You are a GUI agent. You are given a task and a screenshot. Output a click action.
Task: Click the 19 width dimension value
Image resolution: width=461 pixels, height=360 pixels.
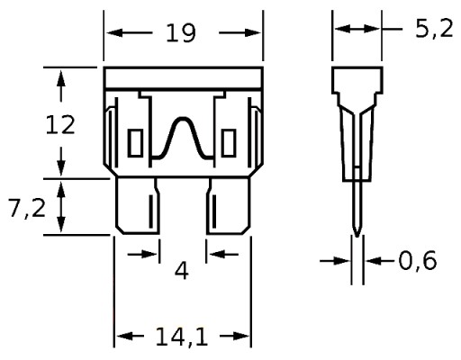(x=181, y=32)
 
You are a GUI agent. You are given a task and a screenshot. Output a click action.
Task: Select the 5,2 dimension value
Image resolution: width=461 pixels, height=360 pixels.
(x=434, y=30)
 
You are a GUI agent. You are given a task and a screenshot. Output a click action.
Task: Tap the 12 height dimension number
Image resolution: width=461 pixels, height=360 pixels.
(x=60, y=125)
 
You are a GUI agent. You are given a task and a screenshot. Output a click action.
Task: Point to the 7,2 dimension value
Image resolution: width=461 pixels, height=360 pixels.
(x=27, y=208)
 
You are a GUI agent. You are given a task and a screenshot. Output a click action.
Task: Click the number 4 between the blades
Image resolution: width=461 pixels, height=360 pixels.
(x=182, y=270)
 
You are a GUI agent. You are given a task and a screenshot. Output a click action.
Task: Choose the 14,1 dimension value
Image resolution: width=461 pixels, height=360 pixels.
(x=182, y=337)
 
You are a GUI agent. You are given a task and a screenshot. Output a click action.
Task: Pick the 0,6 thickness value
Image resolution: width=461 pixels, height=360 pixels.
(x=418, y=261)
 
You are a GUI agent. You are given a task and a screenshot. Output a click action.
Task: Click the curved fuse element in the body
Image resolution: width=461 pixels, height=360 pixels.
(x=183, y=139)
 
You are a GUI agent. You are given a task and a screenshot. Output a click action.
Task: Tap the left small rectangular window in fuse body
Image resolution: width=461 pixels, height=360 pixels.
(x=135, y=143)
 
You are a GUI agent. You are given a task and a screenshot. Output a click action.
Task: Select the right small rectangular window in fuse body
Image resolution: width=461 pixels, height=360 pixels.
(x=229, y=143)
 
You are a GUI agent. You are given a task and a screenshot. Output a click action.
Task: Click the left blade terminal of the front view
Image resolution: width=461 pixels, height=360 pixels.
(x=138, y=206)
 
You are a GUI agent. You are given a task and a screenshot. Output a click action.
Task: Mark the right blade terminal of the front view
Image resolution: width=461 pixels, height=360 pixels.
(x=228, y=206)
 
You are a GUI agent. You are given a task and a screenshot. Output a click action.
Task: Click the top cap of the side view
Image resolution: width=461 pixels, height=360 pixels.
(x=357, y=80)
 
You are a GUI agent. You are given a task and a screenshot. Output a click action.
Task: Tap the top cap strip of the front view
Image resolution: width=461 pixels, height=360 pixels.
(x=183, y=78)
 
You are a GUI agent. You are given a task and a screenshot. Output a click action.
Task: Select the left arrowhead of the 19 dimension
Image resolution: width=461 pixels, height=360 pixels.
(x=114, y=32)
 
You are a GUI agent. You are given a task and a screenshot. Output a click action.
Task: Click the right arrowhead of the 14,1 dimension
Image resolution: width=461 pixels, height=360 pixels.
(x=241, y=336)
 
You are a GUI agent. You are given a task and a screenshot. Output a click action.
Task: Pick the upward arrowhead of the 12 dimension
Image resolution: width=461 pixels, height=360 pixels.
(x=61, y=77)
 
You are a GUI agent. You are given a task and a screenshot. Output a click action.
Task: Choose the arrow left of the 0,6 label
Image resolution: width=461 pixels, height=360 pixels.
(x=335, y=261)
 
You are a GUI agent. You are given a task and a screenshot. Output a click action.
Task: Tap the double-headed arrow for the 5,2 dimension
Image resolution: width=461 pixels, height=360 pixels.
(x=357, y=29)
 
